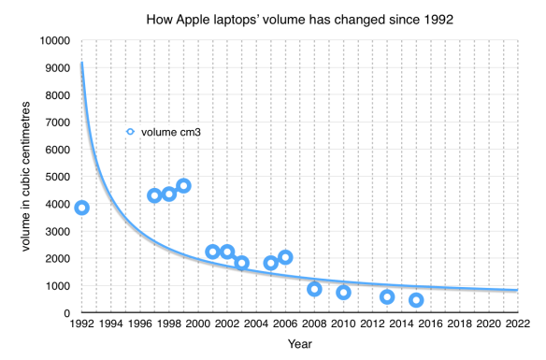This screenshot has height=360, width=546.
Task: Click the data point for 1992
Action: pyautogui.click(x=82, y=208)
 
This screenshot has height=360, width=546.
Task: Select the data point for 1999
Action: pyautogui.click(x=183, y=186)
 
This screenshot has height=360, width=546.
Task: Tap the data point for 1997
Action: pyautogui.click(x=154, y=195)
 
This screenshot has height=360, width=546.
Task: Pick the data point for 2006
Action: pyautogui.click(x=285, y=257)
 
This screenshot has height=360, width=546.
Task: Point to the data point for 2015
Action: pyautogui.click(x=416, y=300)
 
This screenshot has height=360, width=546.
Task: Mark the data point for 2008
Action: pyautogui.click(x=314, y=289)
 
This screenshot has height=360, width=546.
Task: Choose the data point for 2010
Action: pyautogui.click(x=343, y=293)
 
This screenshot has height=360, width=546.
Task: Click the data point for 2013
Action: pyautogui.click(x=387, y=297)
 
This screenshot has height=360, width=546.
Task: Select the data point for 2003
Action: pyautogui.click(x=241, y=263)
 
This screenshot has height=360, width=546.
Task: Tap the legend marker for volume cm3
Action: pyautogui.click(x=131, y=132)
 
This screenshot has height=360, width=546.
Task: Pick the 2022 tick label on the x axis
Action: pyautogui.click(x=517, y=324)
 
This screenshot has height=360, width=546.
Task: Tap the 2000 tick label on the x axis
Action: pyautogui.click(x=198, y=324)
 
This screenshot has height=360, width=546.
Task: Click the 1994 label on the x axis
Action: pyautogui.click(x=111, y=324)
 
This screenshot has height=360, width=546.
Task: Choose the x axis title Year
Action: pyautogui.click(x=299, y=345)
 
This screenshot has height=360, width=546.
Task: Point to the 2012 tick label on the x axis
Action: pyautogui.click(x=372, y=324)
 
